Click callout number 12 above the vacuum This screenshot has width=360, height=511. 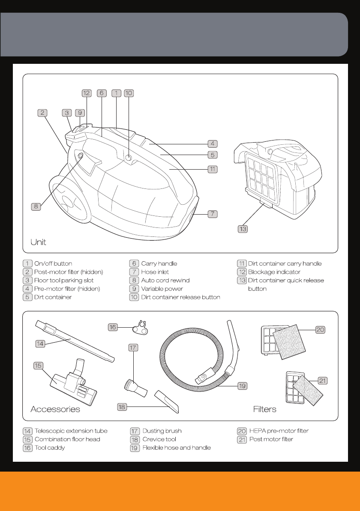click(x=87, y=93)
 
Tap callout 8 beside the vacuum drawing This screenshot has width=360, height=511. click(x=36, y=206)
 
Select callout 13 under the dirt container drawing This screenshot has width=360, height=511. click(x=243, y=229)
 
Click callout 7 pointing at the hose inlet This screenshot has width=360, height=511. click(x=213, y=214)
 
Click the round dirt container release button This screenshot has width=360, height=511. click(x=129, y=158)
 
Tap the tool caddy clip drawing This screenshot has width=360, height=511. click(x=140, y=328)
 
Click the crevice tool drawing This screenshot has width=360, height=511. click(x=166, y=401)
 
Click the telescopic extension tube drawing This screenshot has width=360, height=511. click(x=75, y=341)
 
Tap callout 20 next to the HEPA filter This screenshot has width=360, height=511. click(x=320, y=330)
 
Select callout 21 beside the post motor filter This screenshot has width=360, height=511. click(x=322, y=381)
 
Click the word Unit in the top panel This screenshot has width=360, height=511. click(x=38, y=242)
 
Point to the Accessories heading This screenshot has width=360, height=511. click(x=55, y=409)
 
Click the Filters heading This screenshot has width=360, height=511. click(x=264, y=409)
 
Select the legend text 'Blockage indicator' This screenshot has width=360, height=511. click(x=274, y=272)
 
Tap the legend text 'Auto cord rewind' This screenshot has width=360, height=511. click(x=165, y=280)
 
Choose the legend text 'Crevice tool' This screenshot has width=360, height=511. click(x=159, y=439)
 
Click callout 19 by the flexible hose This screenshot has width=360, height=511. click(x=242, y=386)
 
